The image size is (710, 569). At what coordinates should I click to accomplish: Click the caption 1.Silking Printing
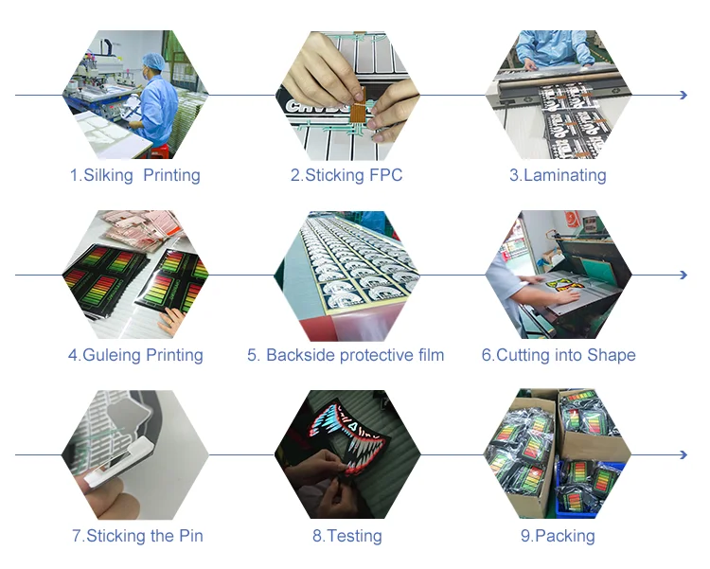pyautogui.click(x=134, y=175)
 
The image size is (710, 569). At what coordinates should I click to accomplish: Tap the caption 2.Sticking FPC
pyautogui.click(x=346, y=175)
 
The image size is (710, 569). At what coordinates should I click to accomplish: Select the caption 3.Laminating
pyautogui.click(x=558, y=175)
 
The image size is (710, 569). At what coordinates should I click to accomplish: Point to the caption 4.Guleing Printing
pyautogui.click(x=135, y=355)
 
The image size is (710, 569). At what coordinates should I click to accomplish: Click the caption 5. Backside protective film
pyautogui.click(x=346, y=355)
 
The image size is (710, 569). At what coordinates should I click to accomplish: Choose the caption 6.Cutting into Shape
pyautogui.click(x=559, y=355)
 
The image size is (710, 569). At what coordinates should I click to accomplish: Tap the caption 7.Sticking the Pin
pyautogui.click(x=137, y=536)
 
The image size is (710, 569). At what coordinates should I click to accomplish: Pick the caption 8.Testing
pyautogui.click(x=347, y=536)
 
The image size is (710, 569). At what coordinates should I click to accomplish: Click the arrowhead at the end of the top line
pyautogui.click(x=682, y=96)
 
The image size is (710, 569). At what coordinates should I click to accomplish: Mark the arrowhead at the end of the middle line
pyautogui.click(x=682, y=276)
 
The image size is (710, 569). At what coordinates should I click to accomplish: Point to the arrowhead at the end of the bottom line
pyautogui.click(x=682, y=455)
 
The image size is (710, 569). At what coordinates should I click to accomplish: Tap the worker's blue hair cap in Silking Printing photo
pyautogui.click(x=152, y=62)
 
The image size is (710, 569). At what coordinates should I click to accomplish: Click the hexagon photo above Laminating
pyautogui.click(x=559, y=95)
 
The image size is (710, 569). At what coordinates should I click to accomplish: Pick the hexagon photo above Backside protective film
pyautogui.click(x=346, y=275)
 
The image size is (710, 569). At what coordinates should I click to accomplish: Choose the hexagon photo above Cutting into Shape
pyautogui.click(x=559, y=275)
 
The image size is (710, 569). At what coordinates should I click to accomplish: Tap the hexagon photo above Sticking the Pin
pyautogui.click(x=135, y=454)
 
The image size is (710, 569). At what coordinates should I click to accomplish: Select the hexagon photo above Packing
pyautogui.click(x=559, y=454)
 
